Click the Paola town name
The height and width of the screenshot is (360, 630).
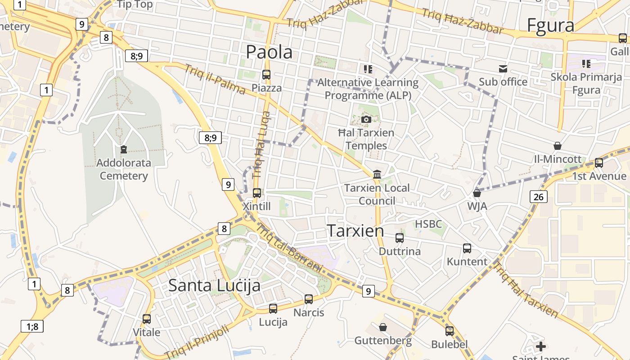click(269, 52)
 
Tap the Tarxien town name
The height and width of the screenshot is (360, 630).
click(355, 231)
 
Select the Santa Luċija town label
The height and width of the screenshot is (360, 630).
click(214, 285)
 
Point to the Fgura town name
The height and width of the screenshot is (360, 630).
click(550, 26)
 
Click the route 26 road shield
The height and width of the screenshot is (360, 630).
click(538, 197)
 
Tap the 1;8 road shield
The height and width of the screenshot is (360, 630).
click(32, 326)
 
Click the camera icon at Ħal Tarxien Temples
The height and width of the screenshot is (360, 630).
click(366, 119)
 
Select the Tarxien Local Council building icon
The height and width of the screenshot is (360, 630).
click(377, 174)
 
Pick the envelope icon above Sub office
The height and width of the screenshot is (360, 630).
click(503, 69)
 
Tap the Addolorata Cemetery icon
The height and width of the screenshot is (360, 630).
click(124, 149)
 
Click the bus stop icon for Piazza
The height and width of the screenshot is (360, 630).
click(266, 75)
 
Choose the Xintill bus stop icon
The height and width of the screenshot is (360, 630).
click(257, 193)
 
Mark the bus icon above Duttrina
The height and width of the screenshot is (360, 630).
click(400, 238)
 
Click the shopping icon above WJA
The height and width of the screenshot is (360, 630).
click(477, 193)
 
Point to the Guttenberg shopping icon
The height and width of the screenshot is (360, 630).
click(383, 327)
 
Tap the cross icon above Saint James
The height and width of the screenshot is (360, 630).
click(541, 346)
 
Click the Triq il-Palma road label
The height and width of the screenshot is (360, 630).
click(215, 80)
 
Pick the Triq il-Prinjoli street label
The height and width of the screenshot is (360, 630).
click(197, 342)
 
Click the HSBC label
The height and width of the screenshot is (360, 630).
click(428, 224)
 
